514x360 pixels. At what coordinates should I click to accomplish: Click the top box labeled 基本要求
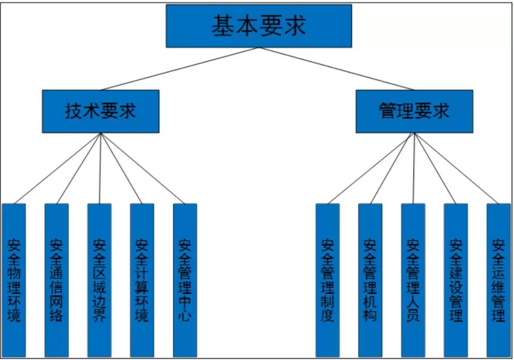[258, 26]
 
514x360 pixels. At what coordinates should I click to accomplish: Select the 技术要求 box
[100, 111]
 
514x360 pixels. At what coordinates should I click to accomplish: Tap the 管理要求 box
[414, 111]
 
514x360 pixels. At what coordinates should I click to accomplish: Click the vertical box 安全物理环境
[14, 280]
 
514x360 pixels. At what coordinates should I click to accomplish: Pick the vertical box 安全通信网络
[57, 280]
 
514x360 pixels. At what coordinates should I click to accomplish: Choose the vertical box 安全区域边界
[99, 280]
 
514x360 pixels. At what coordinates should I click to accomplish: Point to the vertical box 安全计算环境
[142, 280]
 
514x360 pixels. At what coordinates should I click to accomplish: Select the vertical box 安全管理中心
[185, 280]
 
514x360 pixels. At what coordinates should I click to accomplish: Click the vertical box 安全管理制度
[327, 280]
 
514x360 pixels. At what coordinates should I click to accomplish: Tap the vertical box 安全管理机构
[370, 280]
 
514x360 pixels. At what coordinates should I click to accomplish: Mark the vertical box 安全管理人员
[413, 280]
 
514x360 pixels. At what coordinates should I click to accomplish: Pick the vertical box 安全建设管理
[455, 280]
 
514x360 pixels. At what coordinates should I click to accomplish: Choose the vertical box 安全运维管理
[498, 280]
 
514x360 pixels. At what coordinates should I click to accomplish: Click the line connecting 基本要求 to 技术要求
[179, 69]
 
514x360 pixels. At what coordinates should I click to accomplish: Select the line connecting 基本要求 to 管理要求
[336, 69]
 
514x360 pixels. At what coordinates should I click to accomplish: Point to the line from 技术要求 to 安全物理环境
[57, 168]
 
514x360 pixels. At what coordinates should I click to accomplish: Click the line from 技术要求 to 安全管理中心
[143, 168]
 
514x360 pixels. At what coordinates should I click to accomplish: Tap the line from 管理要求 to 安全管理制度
[371, 168]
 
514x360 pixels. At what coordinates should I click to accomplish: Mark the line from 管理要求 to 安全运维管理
[456, 168]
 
